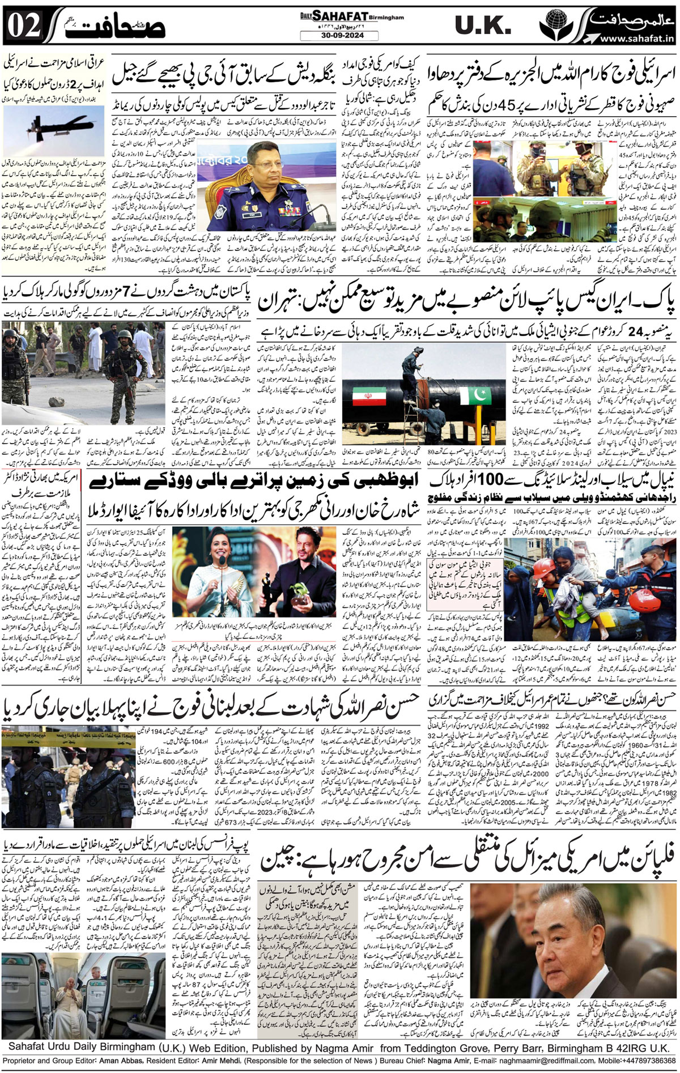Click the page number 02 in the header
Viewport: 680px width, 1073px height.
[24, 25]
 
